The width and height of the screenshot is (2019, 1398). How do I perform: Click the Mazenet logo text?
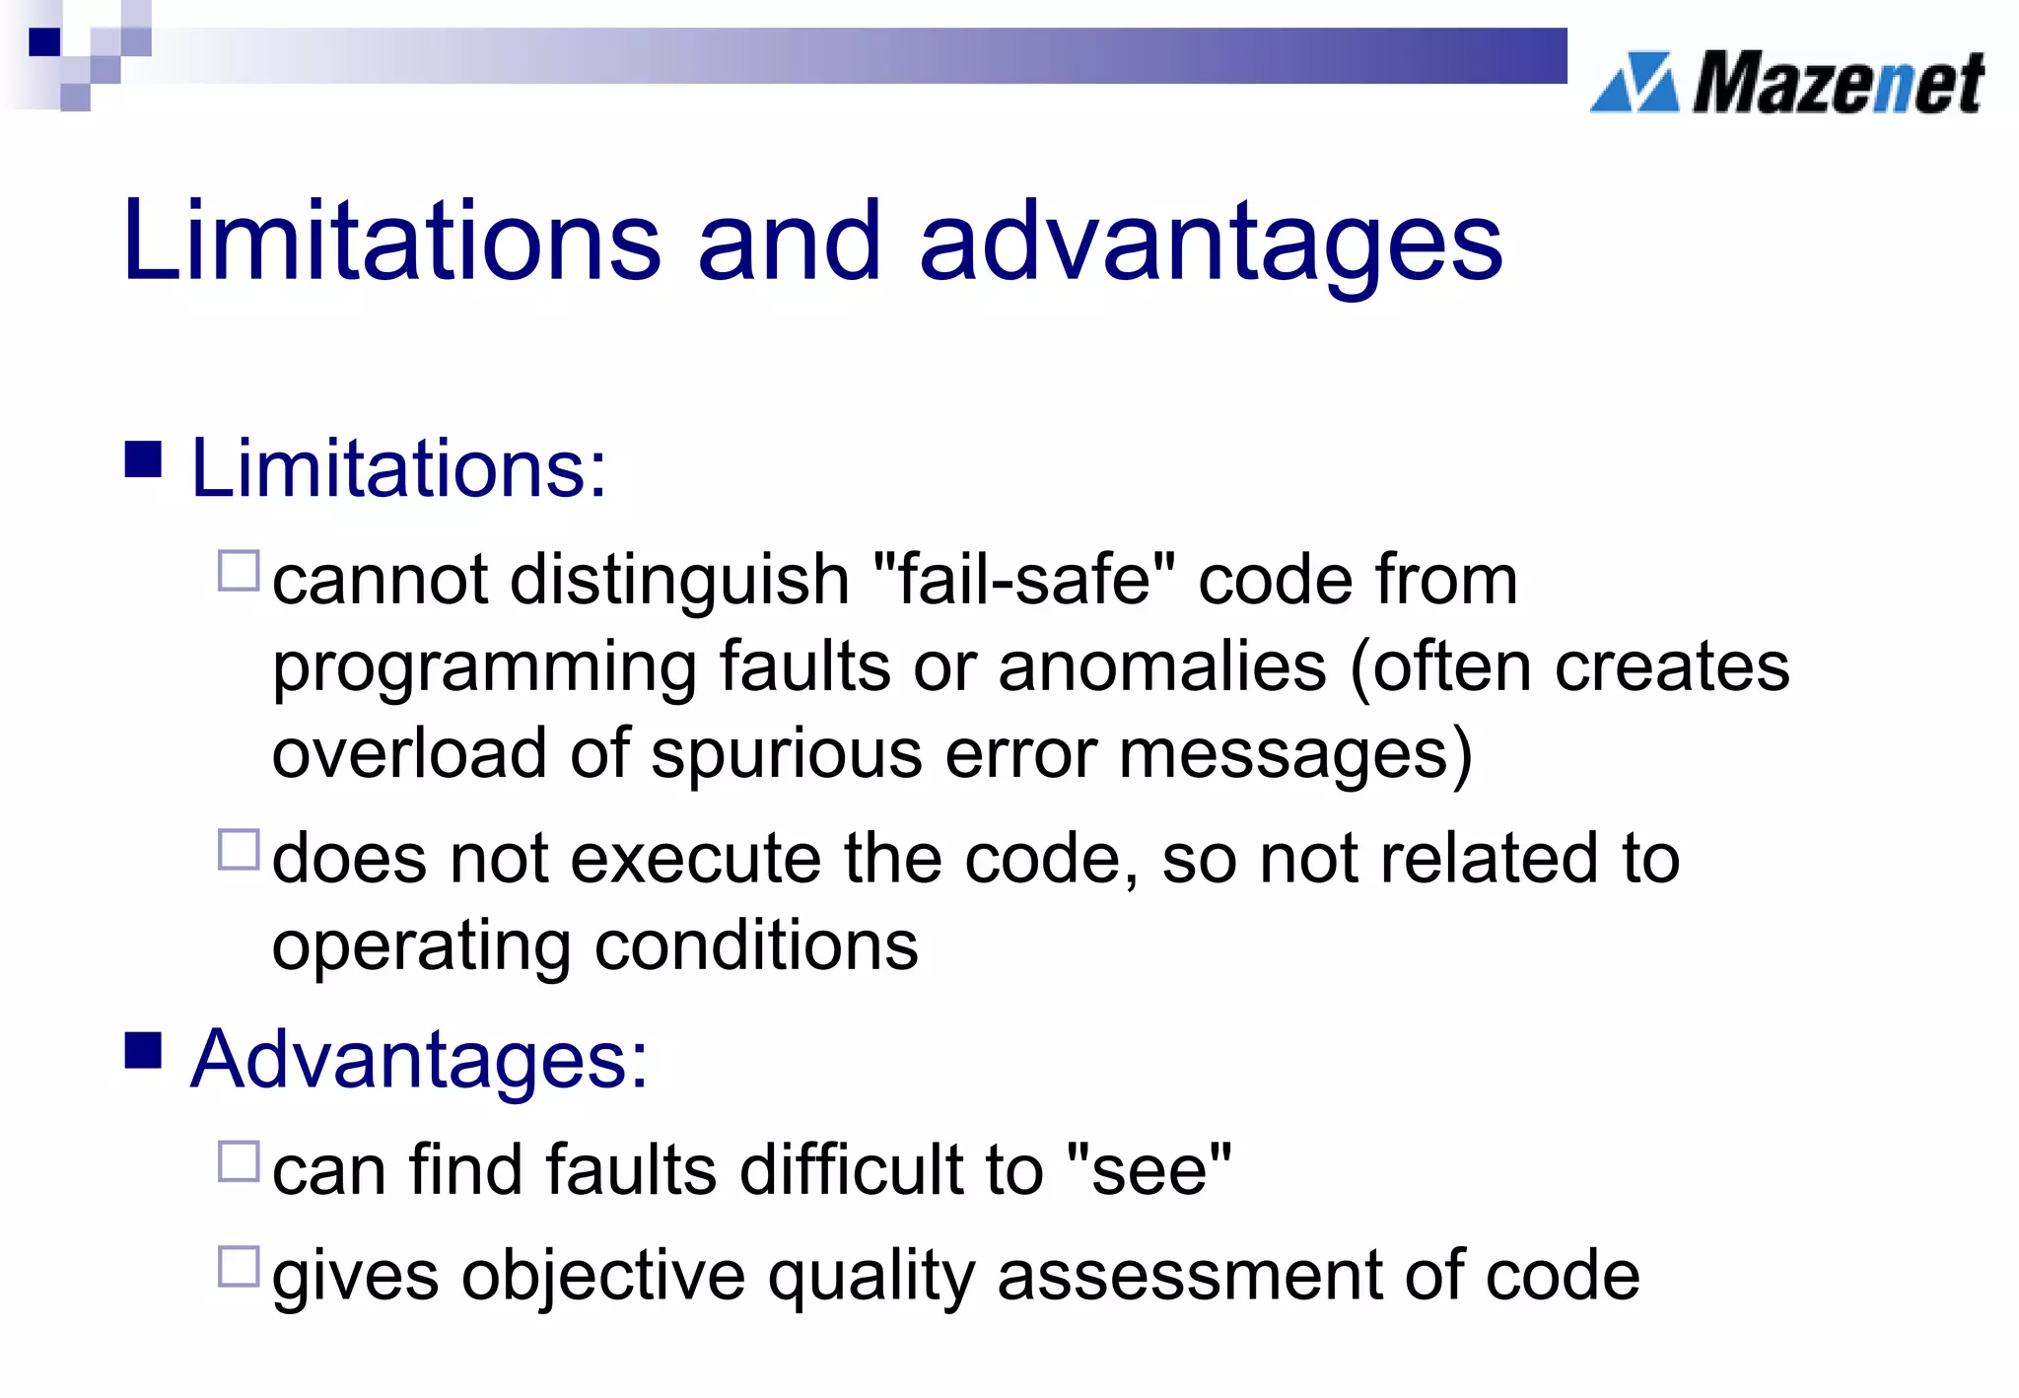1838,83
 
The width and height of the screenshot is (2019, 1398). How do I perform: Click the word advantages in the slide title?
1210,243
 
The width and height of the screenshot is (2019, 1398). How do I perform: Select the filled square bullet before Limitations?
143,458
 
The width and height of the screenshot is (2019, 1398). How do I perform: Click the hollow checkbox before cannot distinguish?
238,571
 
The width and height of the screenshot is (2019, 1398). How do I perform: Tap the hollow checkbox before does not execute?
238,850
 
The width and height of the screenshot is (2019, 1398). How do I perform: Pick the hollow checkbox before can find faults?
238,1161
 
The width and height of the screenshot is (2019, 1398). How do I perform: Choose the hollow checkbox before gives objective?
238,1267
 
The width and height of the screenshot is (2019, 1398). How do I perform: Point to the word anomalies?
1162,667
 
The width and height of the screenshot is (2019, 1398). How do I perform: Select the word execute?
695,859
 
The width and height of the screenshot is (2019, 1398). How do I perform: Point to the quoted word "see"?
1149,1170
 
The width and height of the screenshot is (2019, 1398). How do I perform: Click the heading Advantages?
419,1060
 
